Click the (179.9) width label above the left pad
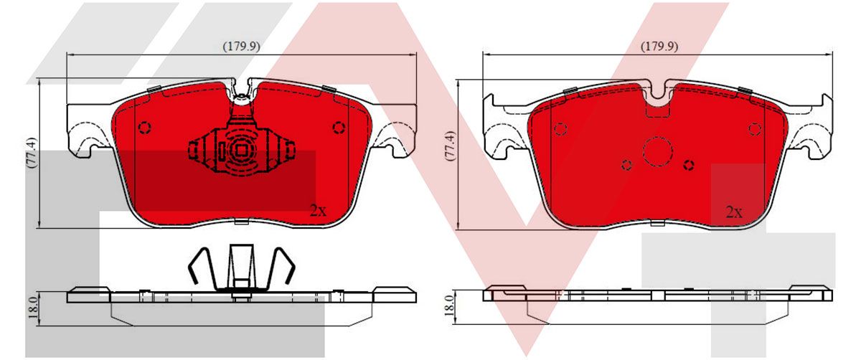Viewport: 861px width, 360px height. (x=241, y=47)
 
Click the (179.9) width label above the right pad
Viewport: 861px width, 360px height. (x=659, y=47)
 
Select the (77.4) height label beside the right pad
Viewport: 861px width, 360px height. (x=450, y=146)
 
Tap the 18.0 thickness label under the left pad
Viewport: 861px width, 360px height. (x=33, y=308)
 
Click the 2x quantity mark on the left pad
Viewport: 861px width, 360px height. (x=319, y=211)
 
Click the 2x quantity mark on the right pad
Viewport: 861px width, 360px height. (x=734, y=212)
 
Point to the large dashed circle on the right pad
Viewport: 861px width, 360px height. (x=658, y=152)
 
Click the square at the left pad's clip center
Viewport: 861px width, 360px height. (x=241, y=150)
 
